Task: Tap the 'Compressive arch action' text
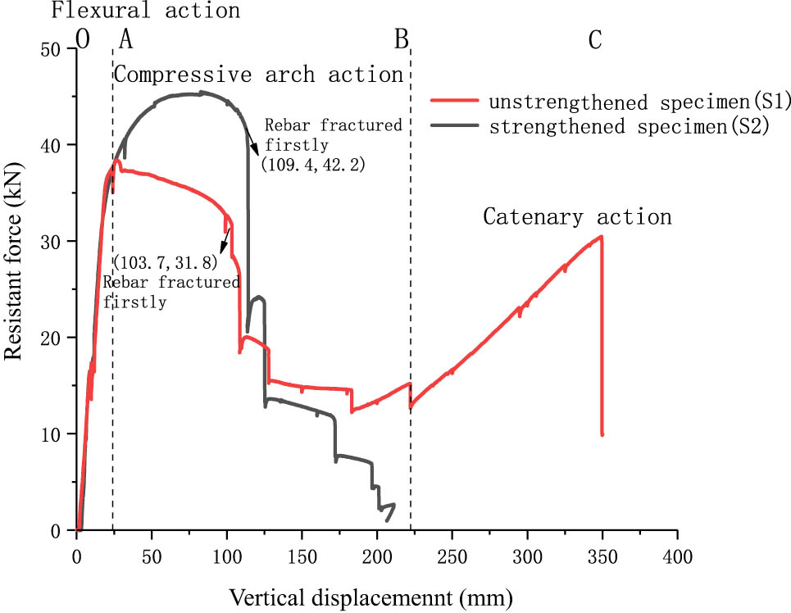point(258,75)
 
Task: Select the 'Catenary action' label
point(577,217)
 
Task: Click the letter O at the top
point(83,39)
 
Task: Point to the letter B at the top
point(401,39)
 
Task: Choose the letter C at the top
point(596,39)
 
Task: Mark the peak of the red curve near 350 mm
point(602,236)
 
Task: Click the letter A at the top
point(125,39)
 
